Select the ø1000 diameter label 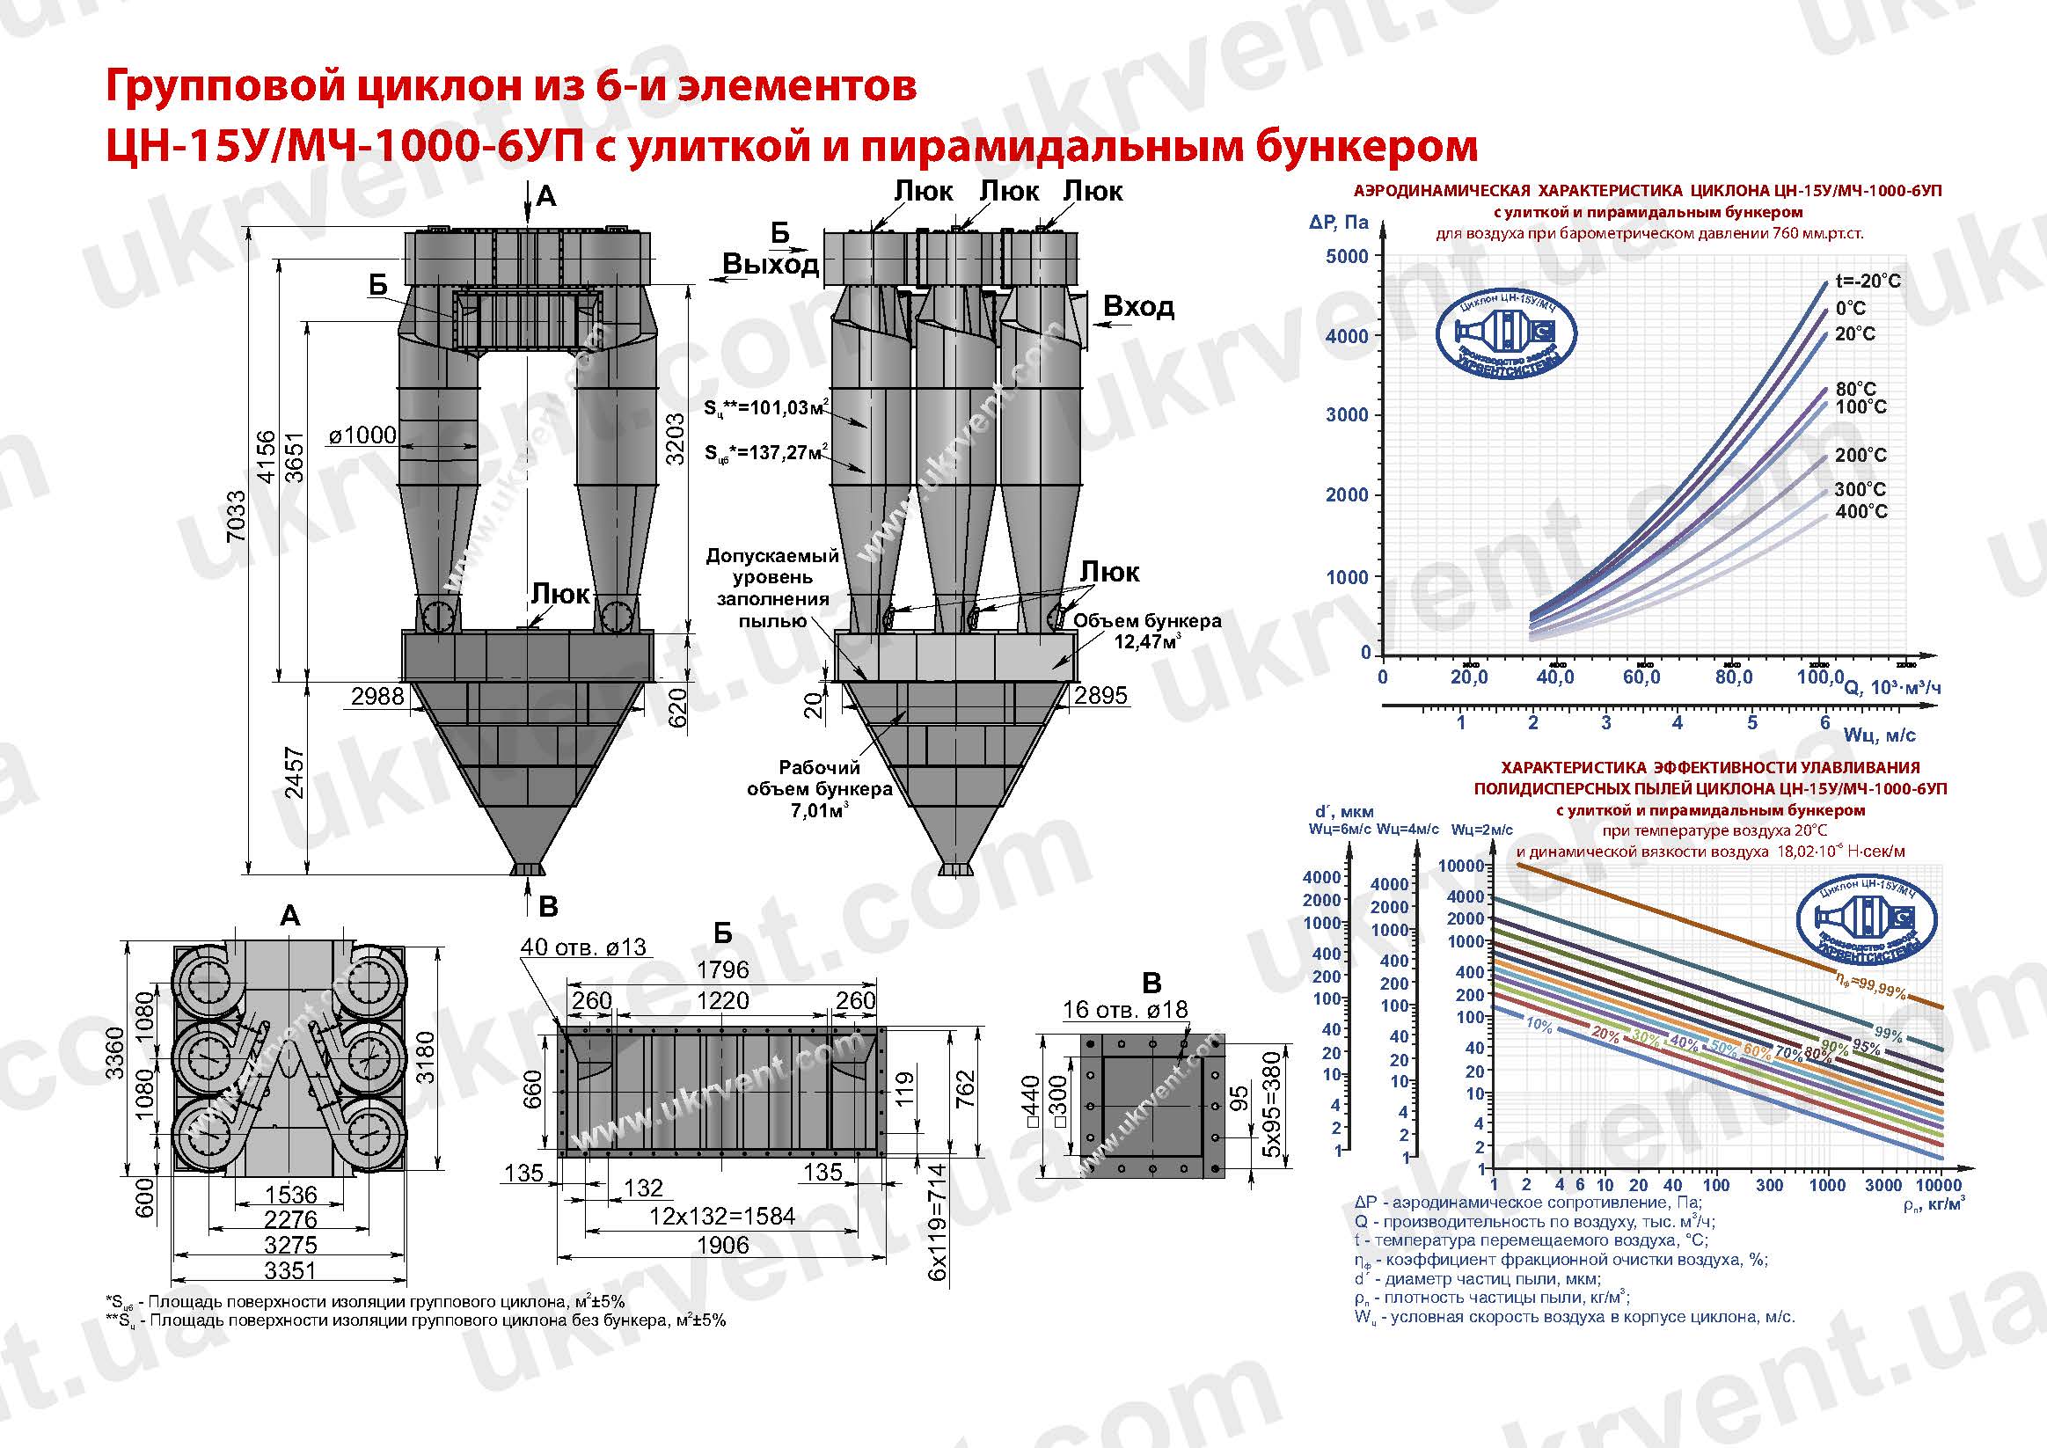(x=362, y=435)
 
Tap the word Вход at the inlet (x=1138, y=307)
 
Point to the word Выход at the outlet (x=771, y=264)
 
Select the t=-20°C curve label (x=1868, y=281)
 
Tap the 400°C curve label (x=1861, y=512)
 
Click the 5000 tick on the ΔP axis (x=1346, y=257)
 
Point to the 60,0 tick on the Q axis (x=1641, y=677)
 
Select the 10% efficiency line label (x=1539, y=1025)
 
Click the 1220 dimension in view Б (x=722, y=1001)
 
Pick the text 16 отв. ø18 (x=1125, y=1010)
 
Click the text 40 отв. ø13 (x=583, y=947)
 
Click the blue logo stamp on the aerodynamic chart (x=1506, y=335)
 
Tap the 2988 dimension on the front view (x=377, y=697)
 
